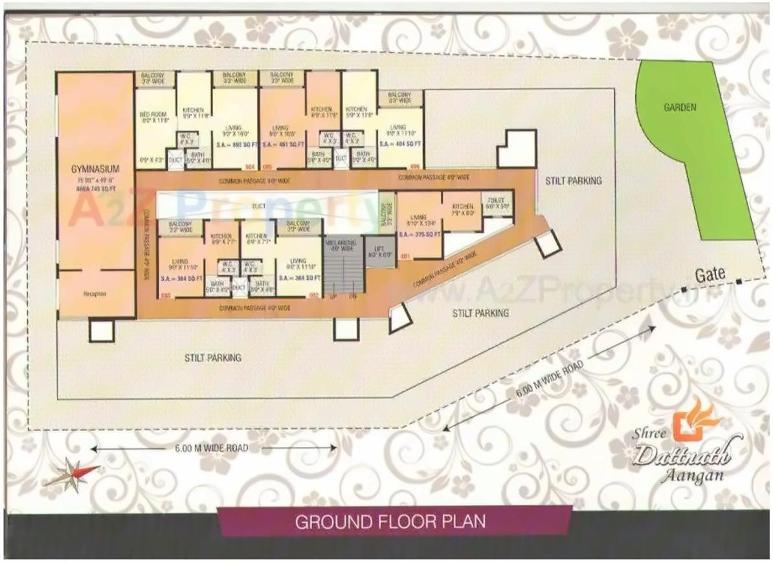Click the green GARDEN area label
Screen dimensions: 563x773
680,108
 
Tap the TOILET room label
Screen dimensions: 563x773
497,201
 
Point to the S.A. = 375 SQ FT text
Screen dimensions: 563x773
420,234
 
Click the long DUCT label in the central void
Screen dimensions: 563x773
259,205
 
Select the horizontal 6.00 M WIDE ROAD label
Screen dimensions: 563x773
212,448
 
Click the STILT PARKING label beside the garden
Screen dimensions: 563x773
573,180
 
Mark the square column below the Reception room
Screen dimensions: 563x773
102,331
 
